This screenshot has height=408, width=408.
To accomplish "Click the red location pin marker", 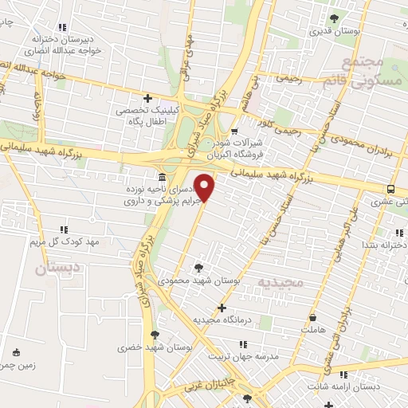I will [206, 188].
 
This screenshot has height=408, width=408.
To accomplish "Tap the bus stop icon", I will [390, 189].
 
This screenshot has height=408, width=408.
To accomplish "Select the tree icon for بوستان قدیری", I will [334, 18].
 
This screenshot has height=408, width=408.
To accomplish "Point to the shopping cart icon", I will [233, 132].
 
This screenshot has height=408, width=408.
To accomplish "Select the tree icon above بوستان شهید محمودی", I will [198, 268].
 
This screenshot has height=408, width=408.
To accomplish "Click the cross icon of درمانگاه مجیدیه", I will [222, 307].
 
